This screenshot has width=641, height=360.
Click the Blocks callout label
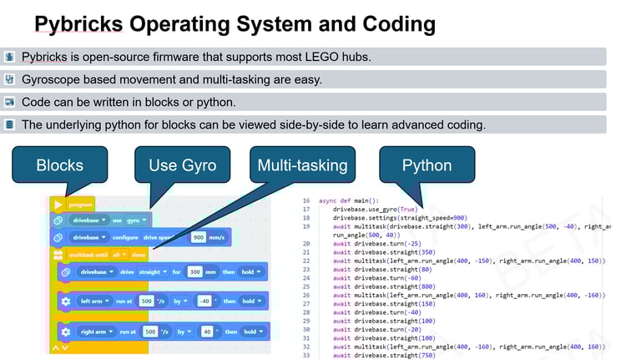pyautogui.click(x=60, y=165)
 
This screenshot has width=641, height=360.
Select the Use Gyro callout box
pyautogui.click(x=182, y=165)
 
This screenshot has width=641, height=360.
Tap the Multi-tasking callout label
pyautogui.click(x=301, y=165)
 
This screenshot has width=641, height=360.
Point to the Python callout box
pyautogui.click(x=426, y=165)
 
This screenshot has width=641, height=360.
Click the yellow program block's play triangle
pyautogui.click(x=58, y=204)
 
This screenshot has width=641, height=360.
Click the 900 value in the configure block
pyautogui.click(x=199, y=237)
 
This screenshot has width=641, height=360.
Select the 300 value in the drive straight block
pyautogui.click(x=194, y=271)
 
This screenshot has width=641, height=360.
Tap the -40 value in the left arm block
pyautogui.click(x=204, y=301)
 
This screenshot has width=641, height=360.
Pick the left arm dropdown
pyautogui.click(x=96, y=301)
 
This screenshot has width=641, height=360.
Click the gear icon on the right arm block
pyautogui.click(x=66, y=332)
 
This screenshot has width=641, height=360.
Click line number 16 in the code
pyautogui.click(x=306, y=201)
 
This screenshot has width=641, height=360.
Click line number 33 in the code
pyautogui.click(x=306, y=356)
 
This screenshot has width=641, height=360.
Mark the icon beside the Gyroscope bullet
pyautogui.click(x=9, y=79)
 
